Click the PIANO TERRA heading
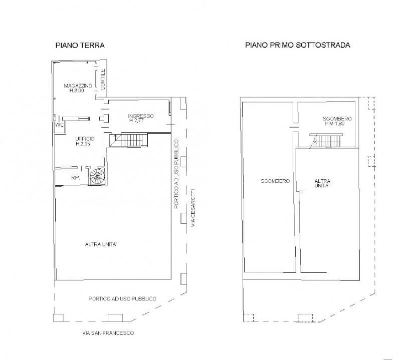pos(80,46)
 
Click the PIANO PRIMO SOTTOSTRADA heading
pos(298,45)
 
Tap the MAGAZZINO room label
pos(78,86)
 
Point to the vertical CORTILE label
pos(103,79)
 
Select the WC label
pos(59,125)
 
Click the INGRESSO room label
pos(141,116)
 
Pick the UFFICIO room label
pos(85,139)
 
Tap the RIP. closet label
pos(76,178)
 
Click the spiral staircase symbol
pos(97,176)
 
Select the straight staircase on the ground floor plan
pos(129,140)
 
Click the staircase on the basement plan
pos(326,141)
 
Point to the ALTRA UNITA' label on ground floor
pos(101,244)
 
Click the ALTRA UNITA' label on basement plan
pos(322,183)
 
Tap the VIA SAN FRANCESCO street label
pos(108,333)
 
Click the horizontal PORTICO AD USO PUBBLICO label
pos(122,299)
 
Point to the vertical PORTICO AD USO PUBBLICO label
pos(176,174)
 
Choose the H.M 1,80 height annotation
pos(334,123)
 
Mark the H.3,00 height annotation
pos(77,91)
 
